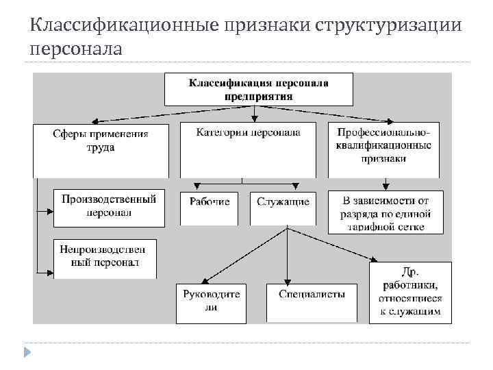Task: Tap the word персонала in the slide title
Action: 76,49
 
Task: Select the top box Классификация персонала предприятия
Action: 259,90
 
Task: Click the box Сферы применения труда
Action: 101,149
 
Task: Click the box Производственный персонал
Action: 109,207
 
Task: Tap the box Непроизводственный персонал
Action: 105,258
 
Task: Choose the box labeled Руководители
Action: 211,302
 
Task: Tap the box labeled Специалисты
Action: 312,302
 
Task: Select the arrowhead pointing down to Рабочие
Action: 198,186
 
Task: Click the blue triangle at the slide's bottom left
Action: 27,353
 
